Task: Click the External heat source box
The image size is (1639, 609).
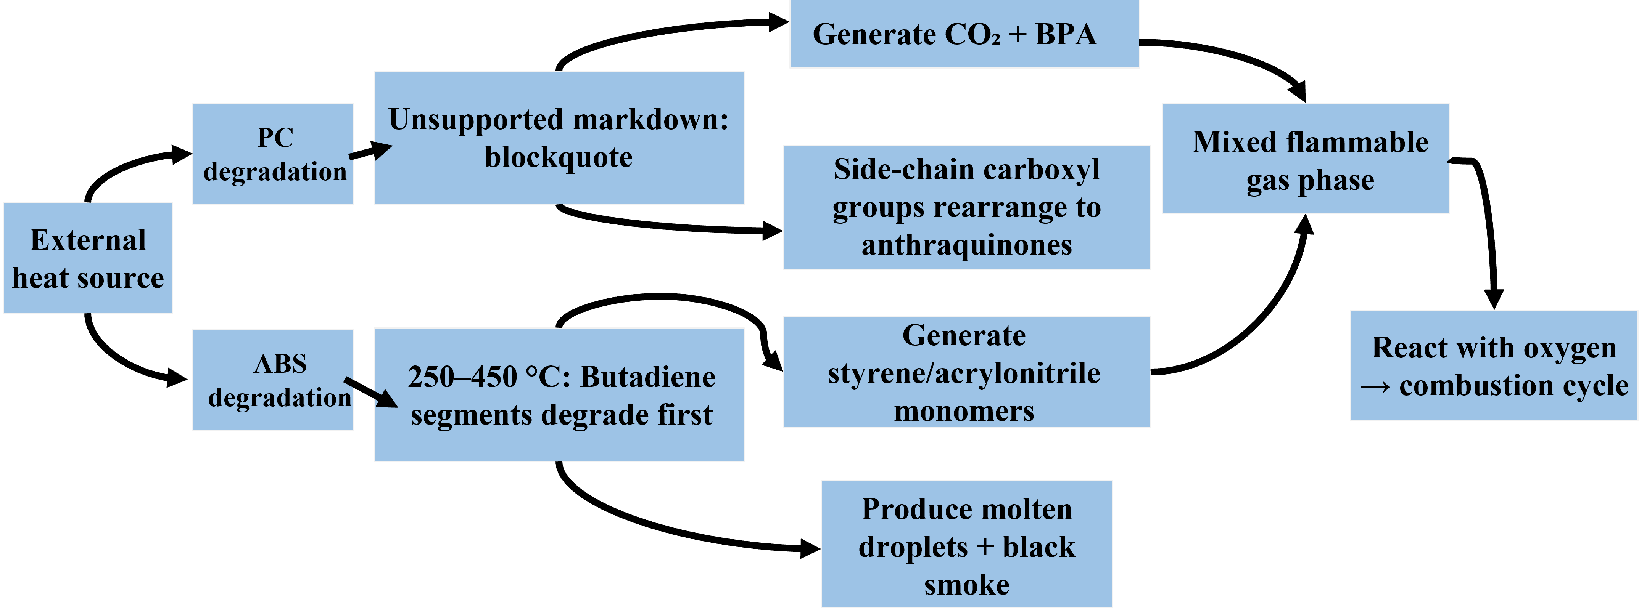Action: (x=88, y=258)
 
